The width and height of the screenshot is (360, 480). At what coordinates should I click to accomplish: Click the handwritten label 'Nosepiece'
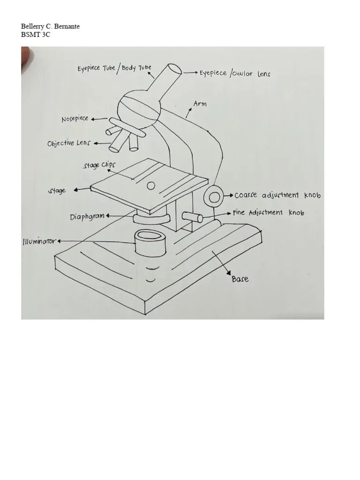coord(75,119)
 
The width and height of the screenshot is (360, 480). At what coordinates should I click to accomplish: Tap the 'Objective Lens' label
coord(69,143)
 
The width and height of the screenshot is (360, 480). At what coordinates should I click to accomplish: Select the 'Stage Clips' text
coord(99,165)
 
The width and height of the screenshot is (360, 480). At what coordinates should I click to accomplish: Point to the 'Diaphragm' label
coord(87,217)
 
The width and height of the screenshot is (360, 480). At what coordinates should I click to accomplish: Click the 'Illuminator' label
coord(39,241)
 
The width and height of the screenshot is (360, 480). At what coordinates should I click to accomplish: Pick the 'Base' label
coord(240,279)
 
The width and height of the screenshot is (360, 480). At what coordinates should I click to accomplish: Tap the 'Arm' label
coord(200,104)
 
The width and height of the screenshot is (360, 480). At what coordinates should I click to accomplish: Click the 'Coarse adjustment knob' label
coord(277,195)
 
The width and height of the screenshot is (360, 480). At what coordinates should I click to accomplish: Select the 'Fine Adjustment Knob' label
coord(269,212)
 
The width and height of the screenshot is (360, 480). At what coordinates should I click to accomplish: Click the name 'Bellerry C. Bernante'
coord(50,26)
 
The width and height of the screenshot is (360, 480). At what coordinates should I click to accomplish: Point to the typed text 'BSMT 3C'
coord(35,35)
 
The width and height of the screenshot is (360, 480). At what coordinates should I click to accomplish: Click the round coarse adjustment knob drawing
coord(214,197)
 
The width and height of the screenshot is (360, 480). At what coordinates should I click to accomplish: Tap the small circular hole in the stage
coord(150,186)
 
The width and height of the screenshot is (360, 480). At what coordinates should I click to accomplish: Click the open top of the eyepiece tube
coord(175,69)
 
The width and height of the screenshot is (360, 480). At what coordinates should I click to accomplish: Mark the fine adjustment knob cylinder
coord(192,217)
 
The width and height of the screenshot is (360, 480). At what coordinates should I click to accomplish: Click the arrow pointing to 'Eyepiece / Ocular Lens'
coord(190,73)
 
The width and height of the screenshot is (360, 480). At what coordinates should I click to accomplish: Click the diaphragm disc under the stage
coord(151,218)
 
